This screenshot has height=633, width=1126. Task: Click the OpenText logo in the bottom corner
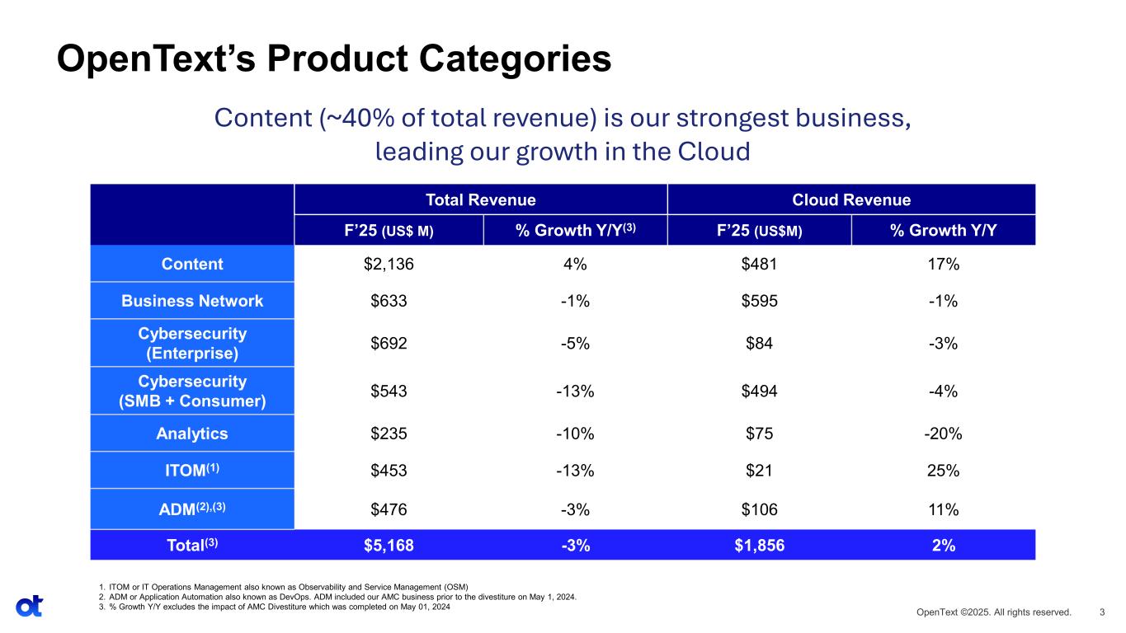coord(29,606)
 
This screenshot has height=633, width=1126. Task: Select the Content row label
coord(192,264)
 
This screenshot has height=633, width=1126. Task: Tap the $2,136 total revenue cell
coord(389,264)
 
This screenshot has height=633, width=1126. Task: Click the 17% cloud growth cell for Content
coord(942,264)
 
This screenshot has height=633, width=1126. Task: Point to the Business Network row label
coord(192,301)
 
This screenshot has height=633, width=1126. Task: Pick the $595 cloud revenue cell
coord(759,301)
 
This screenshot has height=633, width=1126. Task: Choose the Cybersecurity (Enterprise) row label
coord(192,343)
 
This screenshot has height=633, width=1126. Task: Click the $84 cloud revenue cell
coord(759,343)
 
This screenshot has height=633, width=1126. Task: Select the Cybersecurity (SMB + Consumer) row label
coord(192,391)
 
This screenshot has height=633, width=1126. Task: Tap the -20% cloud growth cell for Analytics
coord(942,434)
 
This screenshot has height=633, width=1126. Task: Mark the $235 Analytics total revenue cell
coord(389,434)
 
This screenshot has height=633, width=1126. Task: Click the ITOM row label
coord(192,471)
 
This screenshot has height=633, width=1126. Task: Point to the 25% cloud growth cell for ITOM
coord(942,471)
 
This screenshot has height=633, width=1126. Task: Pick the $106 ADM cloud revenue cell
coord(759,509)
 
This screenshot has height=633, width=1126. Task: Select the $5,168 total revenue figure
coord(389,545)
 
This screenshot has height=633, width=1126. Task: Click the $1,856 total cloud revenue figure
coord(759,545)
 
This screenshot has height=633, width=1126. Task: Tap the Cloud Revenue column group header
coord(850,199)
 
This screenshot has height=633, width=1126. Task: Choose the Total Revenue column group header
coord(480,199)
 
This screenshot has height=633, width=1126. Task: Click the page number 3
coord(1102,612)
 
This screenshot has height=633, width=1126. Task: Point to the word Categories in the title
coord(495,59)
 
